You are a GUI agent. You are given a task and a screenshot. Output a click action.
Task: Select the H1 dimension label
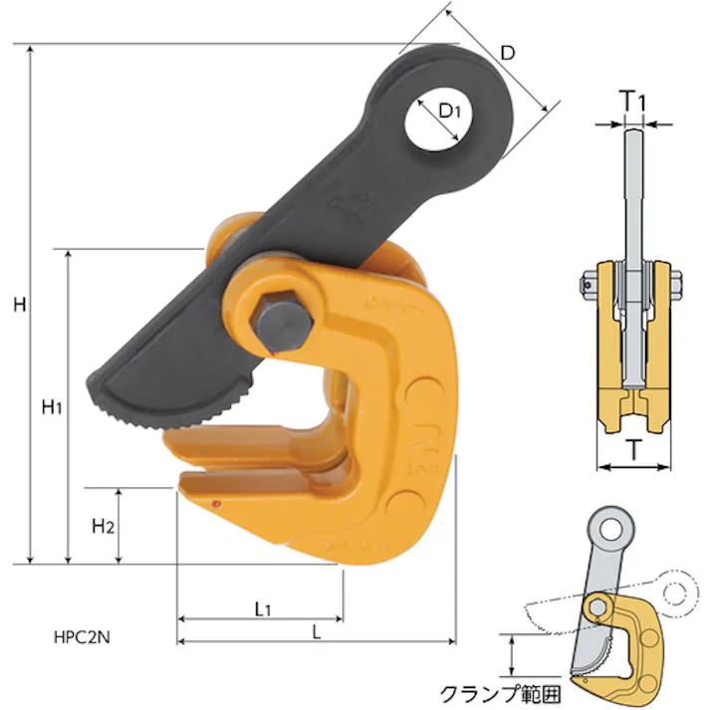(x=52, y=406)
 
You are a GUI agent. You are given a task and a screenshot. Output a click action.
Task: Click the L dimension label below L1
(x=316, y=631)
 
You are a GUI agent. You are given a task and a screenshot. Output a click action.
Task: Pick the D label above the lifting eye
(x=506, y=53)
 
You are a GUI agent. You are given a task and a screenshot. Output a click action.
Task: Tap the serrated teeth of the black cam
(x=189, y=412)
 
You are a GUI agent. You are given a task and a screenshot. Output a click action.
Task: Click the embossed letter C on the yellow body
(x=422, y=395)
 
